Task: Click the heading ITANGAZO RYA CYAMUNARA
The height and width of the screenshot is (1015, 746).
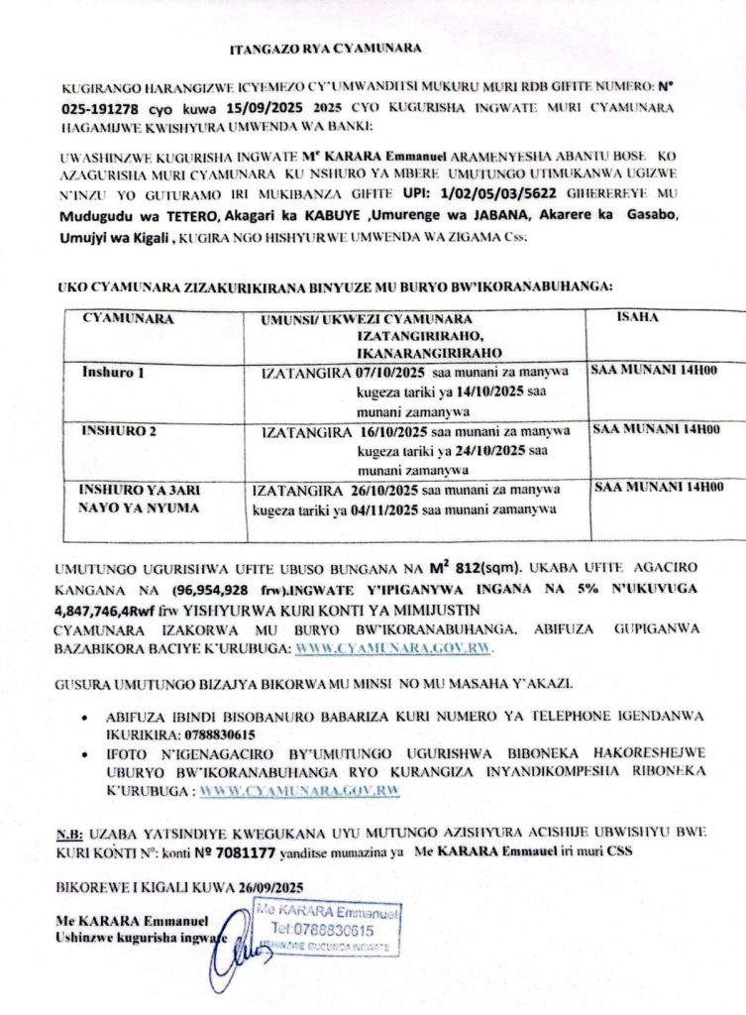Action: [326, 48]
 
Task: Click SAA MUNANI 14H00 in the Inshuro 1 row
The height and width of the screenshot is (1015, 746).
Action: [654, 372]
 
